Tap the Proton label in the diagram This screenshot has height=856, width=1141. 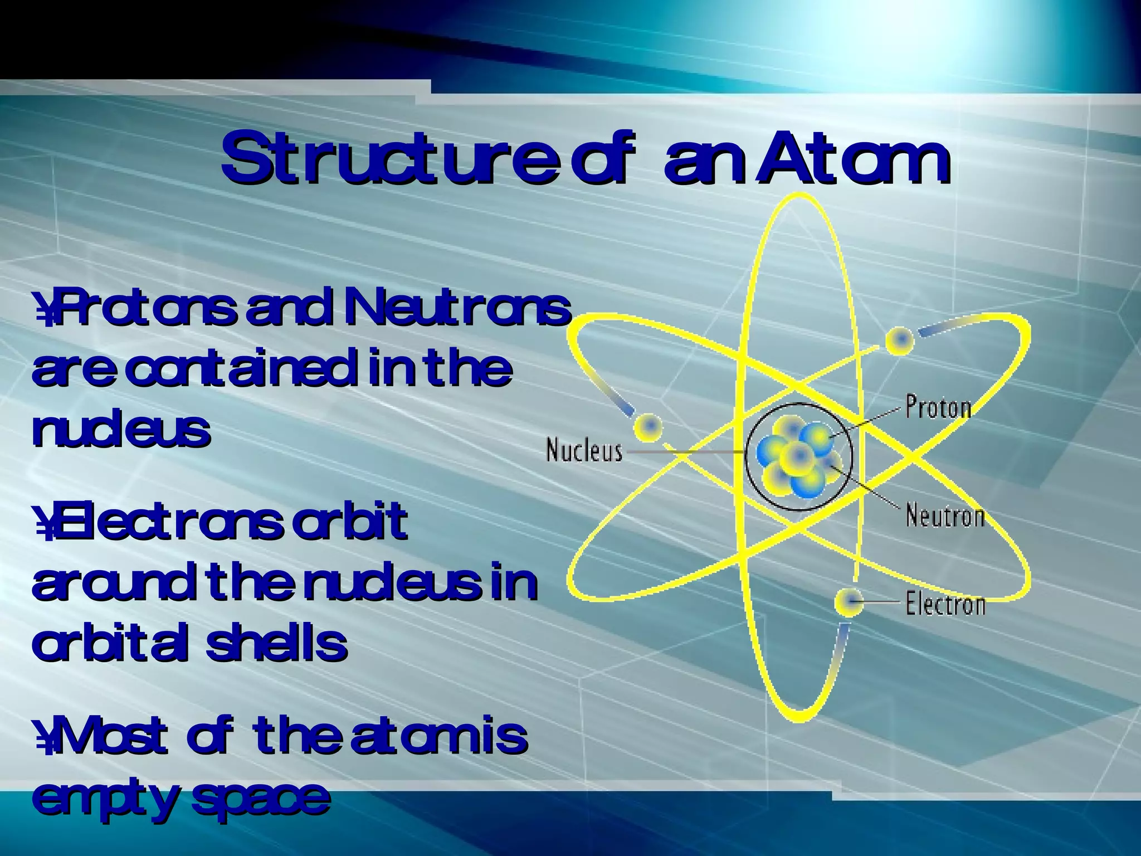pos(938,407)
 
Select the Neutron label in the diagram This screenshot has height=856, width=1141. pos(945,515)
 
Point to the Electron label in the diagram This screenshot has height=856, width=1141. pos(945,604)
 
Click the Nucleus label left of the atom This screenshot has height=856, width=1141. pos(584,450)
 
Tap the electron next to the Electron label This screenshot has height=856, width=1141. pos(849,602)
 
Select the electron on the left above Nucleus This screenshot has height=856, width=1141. pos(648,427)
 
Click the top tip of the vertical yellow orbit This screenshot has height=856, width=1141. pos(800,196)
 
